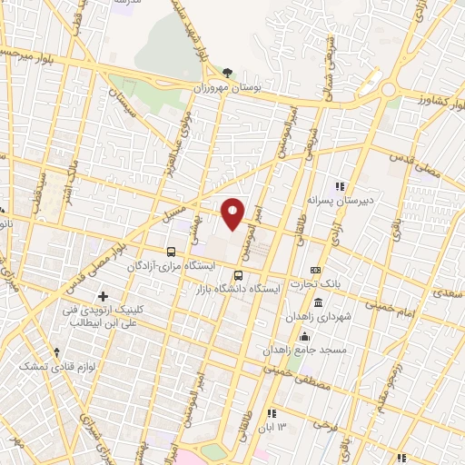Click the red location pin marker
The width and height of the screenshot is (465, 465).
pyautogui.click(x=233, y=213)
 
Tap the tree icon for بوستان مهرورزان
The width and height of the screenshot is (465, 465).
pyautogui.click(x=227, y=74)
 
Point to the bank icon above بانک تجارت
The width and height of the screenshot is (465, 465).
pyautogui.click(x=315, y=270)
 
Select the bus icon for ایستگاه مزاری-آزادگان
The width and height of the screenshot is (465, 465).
pyautogui.click(x=172, y=252)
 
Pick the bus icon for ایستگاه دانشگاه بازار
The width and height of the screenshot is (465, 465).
pyautogui.click(x=238, y=275)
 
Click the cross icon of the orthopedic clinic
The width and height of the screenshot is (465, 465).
pyautogui.click(x=103, y=296)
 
